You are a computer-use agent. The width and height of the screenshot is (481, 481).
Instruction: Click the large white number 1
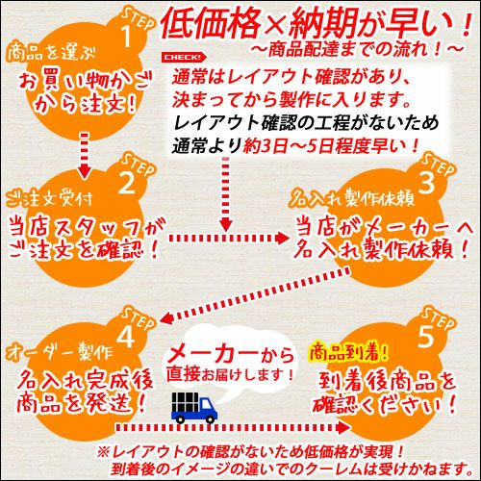point(127,36)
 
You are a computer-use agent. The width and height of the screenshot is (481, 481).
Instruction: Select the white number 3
point(426,182)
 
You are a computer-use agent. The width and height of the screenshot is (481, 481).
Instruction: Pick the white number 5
point(426,336)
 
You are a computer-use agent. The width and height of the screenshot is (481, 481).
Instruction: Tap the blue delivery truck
point(194,407)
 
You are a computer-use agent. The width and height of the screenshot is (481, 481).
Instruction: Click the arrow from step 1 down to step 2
point(85,155)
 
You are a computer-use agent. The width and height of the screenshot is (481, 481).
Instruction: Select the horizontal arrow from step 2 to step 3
point(229,238)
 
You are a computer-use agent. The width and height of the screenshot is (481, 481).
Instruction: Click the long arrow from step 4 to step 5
point(234,427)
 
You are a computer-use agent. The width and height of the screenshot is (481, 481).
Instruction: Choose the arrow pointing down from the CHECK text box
point(226,193)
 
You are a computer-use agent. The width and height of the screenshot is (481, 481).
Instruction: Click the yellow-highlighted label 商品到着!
point(348,353)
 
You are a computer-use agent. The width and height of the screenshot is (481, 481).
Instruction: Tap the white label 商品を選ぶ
point(51,52)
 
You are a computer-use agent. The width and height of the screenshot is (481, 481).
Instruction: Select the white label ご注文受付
point(49,199)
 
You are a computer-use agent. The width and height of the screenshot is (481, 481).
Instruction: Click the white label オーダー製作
point(60,353)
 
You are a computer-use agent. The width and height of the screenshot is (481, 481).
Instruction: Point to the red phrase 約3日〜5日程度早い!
point(331,146)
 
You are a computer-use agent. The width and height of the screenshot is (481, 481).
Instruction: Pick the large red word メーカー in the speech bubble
point(213,355)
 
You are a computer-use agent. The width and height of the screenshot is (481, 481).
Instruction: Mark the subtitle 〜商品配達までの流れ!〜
point(357,50)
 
